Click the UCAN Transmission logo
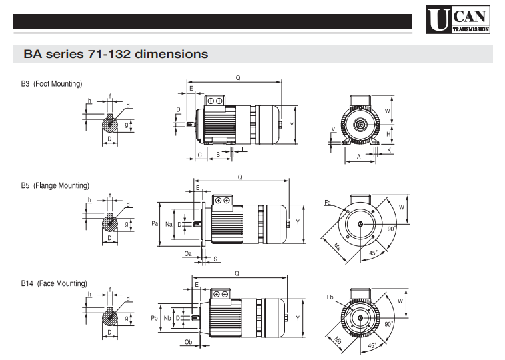458,19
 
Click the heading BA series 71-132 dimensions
116,54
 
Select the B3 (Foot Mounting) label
51,84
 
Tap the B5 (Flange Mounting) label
55,185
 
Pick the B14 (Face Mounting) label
54,283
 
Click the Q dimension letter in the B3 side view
238,77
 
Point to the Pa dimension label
155,223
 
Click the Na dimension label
169,224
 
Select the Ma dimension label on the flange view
337,247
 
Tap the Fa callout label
328,203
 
